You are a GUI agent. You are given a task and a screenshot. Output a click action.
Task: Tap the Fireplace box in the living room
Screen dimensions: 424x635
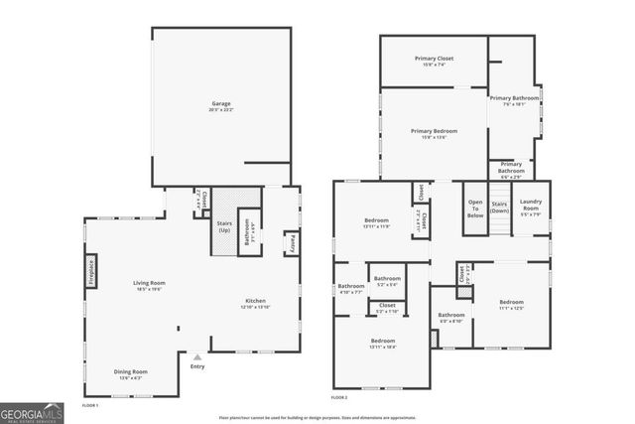pos(89,269)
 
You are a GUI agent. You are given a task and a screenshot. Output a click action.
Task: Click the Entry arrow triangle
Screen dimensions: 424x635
pos(197,356)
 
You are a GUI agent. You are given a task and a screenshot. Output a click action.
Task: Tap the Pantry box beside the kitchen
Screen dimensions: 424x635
pos(292,243)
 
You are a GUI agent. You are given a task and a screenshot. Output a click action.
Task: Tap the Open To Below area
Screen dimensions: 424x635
pos(474,210)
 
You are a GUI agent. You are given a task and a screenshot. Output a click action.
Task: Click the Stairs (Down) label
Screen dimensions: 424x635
pos(499,207)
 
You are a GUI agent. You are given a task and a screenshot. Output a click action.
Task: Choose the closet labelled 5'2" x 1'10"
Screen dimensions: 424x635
pos(387,308)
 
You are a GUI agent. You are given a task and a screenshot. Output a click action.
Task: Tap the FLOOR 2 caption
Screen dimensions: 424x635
pos(339,397)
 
